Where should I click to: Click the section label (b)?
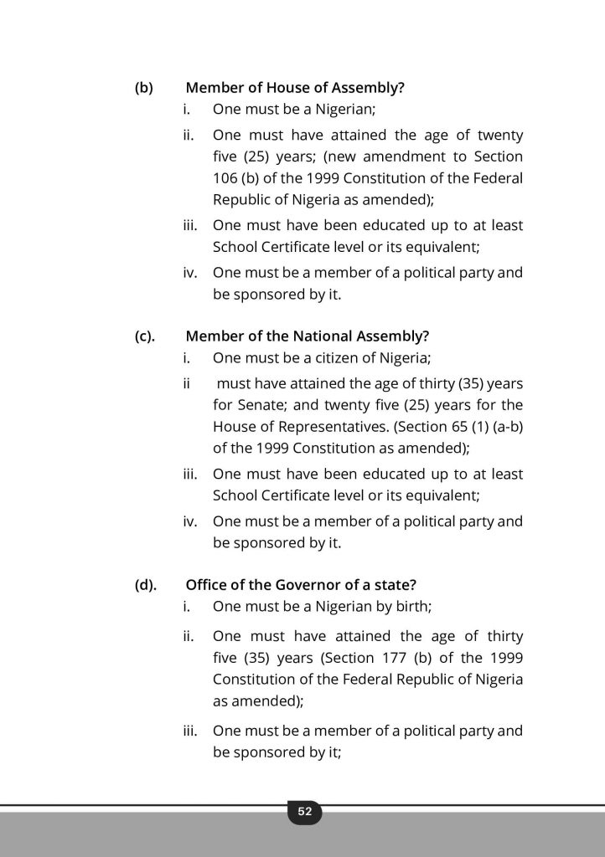144,87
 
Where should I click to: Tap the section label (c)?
146,336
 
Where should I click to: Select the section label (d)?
146,585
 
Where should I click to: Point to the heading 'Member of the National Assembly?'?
308,336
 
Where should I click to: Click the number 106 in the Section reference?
225,179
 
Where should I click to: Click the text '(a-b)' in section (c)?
505,427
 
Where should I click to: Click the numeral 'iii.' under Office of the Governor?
190,731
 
